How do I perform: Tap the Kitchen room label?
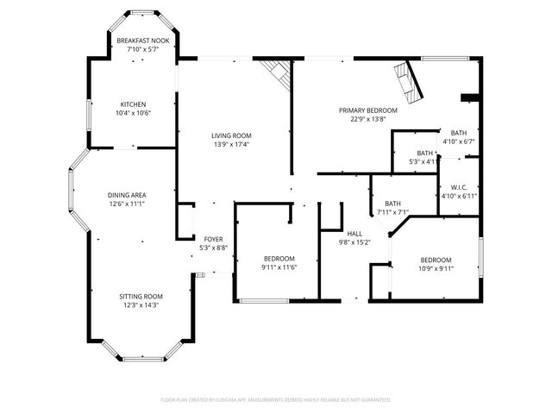[134, 104]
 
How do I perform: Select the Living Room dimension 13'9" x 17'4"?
[231, 144]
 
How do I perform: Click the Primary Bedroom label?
[367, 110]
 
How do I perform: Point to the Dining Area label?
[126, 196]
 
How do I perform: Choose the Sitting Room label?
[140, 296]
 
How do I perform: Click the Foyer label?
[213, 239]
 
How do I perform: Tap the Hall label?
[354, 234]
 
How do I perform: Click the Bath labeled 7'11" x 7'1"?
[392, 203]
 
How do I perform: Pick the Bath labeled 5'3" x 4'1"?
[425, 153]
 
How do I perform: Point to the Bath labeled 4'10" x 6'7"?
[458, 132]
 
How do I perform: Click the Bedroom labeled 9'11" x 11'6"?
[279, 259]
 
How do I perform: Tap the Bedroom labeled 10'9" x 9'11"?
[436, 260]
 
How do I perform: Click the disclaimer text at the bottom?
[276, 400]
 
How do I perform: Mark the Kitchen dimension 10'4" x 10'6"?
[134, 113]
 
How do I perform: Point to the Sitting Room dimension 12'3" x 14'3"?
[140, 304]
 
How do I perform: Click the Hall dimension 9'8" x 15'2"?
[354, 242]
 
